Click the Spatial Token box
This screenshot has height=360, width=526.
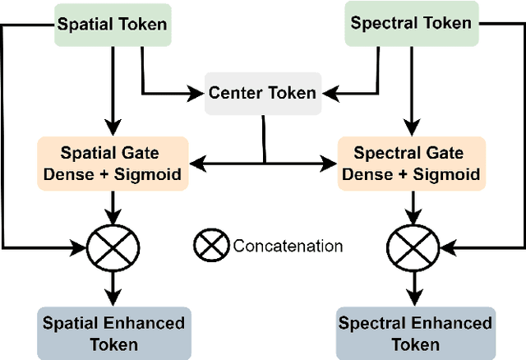point(111,24)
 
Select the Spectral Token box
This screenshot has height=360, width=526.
point(411,23)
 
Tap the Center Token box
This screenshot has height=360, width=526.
point(261,93)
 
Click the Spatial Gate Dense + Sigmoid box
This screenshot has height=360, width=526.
point(113,163)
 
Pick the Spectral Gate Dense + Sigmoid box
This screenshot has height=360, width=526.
point(408,163)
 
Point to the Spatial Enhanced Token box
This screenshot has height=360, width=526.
point(113,333)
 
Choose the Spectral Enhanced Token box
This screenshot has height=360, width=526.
point(416,333)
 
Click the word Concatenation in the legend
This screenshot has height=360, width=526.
point(288,246)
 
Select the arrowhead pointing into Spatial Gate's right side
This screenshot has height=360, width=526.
point(195,163)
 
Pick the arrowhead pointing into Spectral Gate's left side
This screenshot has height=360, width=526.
point(332,163)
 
